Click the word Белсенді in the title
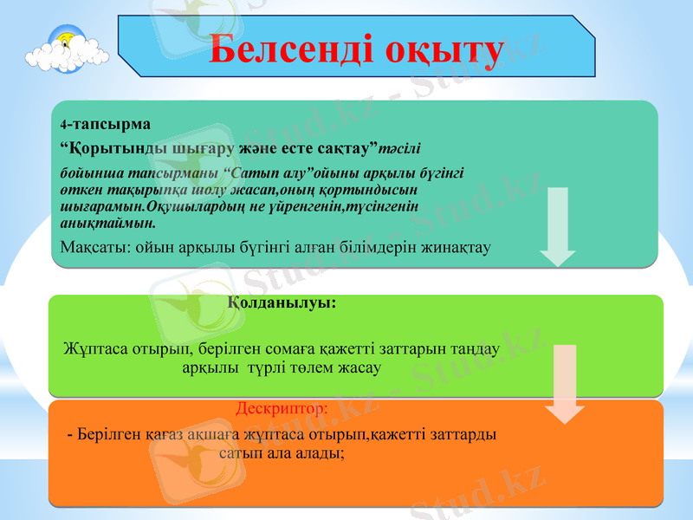coord(282,50)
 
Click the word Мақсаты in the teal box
coord(91,248)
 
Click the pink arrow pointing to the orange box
coord(565,384)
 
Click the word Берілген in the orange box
coord(107,433)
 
